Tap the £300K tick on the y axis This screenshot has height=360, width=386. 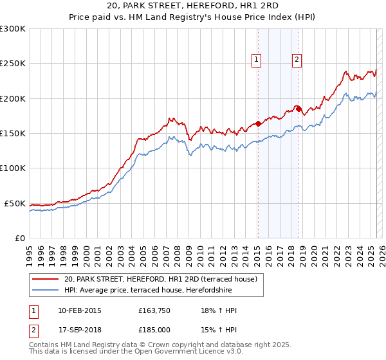[12, 29]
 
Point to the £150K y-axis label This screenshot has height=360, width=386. [12, 133]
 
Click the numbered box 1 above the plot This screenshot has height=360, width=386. [256, 60]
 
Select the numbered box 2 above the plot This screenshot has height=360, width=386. [297, 60]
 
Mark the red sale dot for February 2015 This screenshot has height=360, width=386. [257, 123]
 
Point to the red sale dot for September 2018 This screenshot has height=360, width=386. [299, 109]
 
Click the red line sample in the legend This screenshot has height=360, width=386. [45, 279]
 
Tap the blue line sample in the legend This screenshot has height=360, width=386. [45, 289]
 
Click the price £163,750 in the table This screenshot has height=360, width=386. [154, 310]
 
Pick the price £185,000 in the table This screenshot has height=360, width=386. [154, 330]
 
